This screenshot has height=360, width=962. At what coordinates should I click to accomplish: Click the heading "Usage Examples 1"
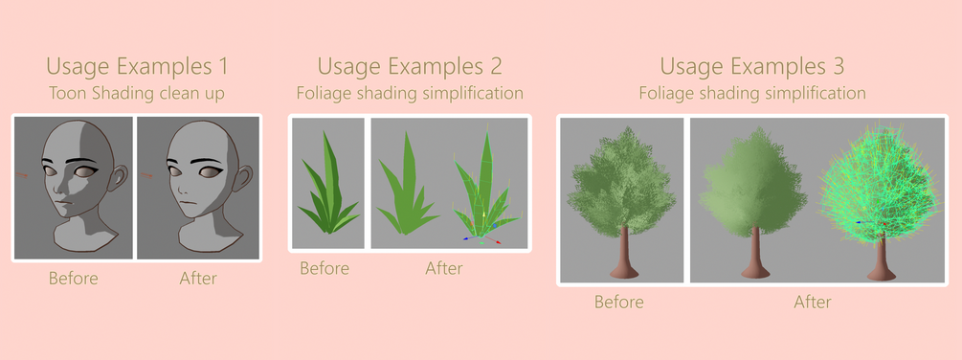point(137,66)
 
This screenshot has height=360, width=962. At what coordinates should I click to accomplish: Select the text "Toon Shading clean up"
point(136,93)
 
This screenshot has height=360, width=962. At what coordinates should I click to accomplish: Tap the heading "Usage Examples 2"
point(410,66)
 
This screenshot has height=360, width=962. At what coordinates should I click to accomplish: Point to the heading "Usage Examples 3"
point(752,66)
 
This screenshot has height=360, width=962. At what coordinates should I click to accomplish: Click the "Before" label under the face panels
point(74,279)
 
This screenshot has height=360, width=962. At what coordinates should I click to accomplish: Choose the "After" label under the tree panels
point(813,302)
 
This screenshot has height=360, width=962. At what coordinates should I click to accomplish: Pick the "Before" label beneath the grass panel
point(324,269)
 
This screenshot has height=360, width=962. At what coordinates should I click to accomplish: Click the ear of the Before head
point(119,178)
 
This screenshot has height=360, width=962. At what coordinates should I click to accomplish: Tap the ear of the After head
point(242,178)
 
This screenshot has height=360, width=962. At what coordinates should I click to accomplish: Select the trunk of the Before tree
point(627,254)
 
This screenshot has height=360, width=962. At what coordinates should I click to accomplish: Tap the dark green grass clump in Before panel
point(329,184)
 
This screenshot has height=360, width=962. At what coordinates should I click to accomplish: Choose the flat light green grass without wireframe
point(407,183)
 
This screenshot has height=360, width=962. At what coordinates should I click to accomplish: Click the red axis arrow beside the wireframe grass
point(493,238)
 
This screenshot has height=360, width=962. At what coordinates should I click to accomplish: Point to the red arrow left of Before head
point(22,175)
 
